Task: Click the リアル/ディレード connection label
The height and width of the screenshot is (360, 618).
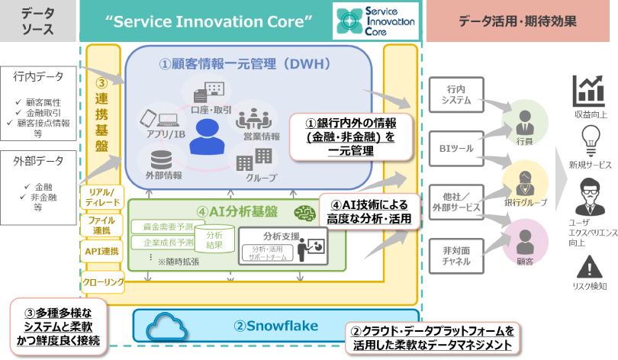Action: tap(101, 197)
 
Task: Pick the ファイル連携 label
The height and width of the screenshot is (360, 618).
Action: tap(101, 224)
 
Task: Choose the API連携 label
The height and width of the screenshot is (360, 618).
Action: tap(101, 251)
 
